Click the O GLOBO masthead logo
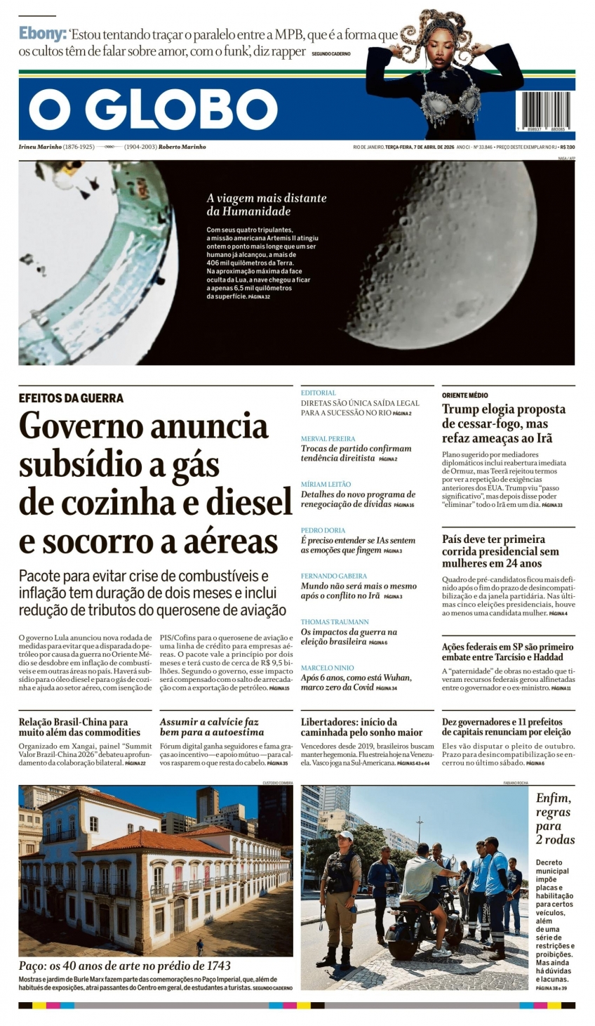[x=153, y=110]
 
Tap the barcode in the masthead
[x=543, y=111]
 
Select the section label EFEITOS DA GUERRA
[x=71, y=398]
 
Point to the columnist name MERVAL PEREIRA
[x=328, y=438]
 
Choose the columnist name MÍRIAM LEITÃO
[x=326, y=485]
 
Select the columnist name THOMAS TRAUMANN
[x=335, y=622]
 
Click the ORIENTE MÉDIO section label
[x=464, y=395]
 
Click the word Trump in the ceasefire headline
[x=460, y=409]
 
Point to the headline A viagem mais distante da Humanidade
[x=267, y=204]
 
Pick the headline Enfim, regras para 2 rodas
[x=555, y=818]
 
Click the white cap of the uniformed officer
[x=345, y=835]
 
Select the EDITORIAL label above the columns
[x=319, y=393]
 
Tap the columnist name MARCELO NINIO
[x=328, y=668]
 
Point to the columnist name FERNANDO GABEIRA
[x=334, y=576]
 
